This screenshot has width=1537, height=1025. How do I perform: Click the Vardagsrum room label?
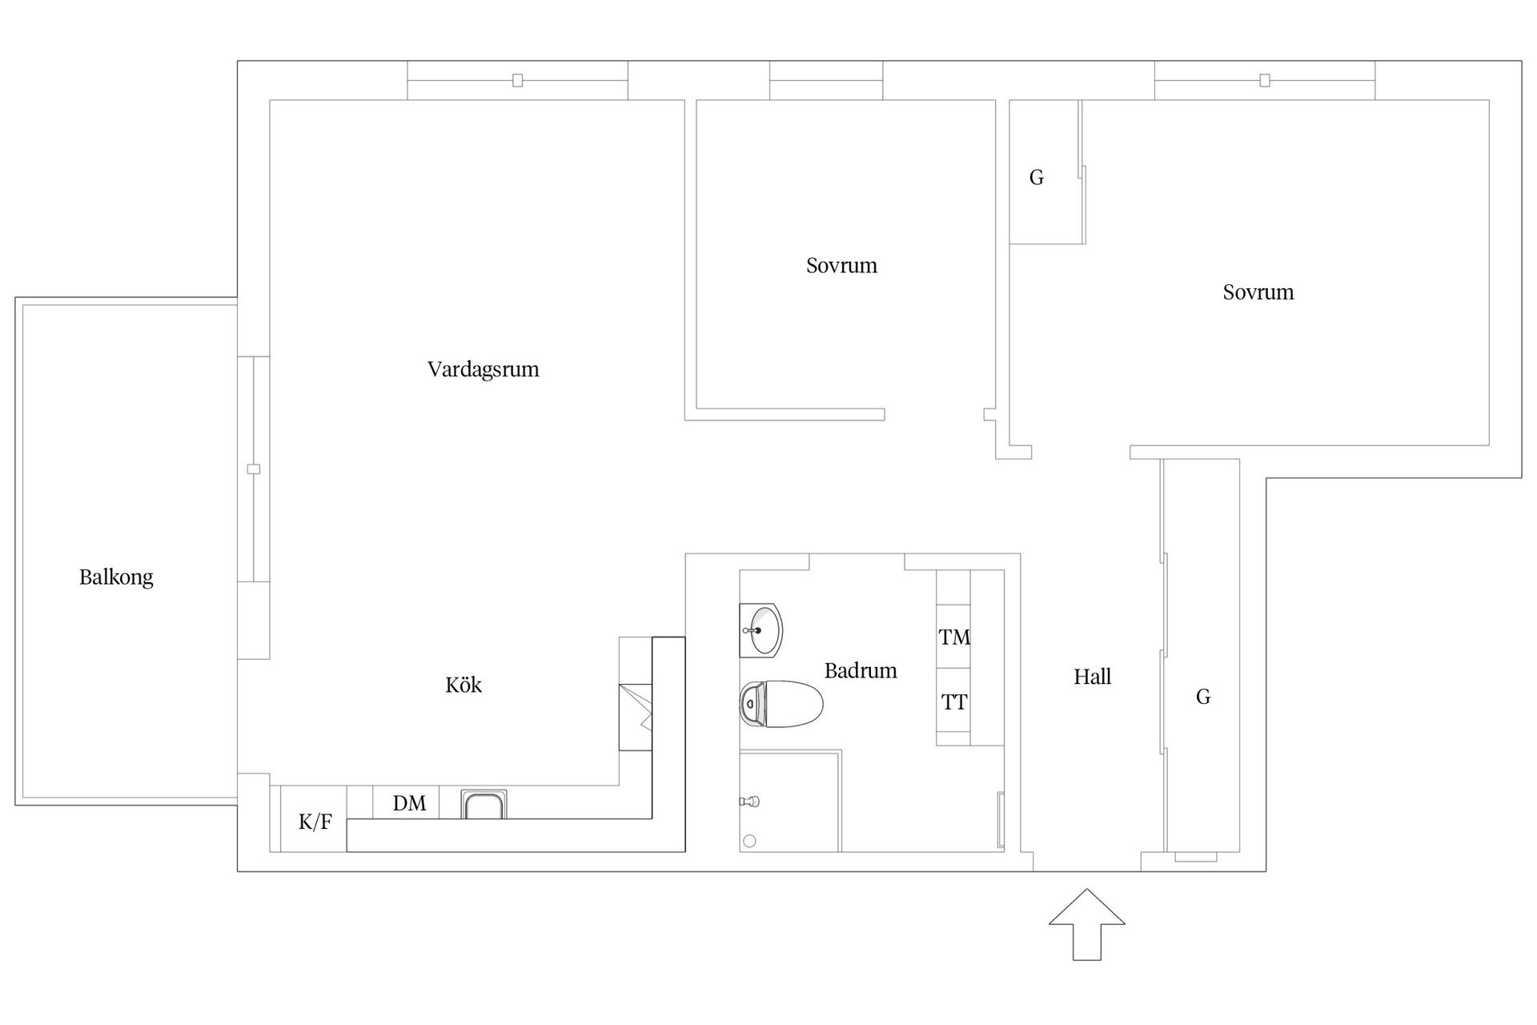tap(483, 370)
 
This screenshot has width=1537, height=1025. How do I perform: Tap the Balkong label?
tap(116, 577)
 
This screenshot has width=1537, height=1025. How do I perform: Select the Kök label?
tap(464, 685)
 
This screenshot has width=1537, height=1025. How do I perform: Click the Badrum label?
tap(861, 671)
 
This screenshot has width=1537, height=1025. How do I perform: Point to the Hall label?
tap(1092, 677)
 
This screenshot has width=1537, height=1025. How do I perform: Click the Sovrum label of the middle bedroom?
tap(841, 266)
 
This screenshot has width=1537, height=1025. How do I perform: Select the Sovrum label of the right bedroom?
tap(1258, 292)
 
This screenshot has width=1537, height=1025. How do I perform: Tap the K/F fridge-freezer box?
tap(314, 821)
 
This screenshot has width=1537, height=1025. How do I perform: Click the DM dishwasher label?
tap(409, 803)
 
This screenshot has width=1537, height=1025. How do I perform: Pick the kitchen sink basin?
tap(484, 805)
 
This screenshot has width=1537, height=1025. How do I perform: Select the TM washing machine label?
tap(954, 637)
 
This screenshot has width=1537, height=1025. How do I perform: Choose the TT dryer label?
tap(954, 703)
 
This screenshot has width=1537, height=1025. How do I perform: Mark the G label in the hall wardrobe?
tap(1202, 697)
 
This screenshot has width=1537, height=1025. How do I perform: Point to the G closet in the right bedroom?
tap(1037, 178)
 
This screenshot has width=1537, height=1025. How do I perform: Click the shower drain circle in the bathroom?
tap(749, 841)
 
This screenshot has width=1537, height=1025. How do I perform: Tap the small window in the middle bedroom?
tap(826, 81)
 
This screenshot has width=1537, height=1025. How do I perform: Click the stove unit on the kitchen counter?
tap(636, 717)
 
